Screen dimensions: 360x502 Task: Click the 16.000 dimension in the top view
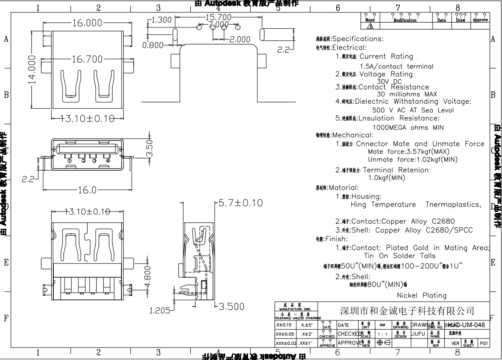(x=87, y=23)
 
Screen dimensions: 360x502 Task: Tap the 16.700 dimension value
(x=87, y=60)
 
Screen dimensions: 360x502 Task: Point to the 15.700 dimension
(x=218, y=17)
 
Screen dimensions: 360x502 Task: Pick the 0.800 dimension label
(x=153, y=45)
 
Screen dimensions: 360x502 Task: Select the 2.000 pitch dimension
(x=240, y=39)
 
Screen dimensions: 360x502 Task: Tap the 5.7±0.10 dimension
(x=241, y=203)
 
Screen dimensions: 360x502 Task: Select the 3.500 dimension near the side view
(x=231, y=307)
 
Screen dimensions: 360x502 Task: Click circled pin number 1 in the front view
(x=69, y=161)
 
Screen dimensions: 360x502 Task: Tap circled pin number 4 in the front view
(x=108, y=161)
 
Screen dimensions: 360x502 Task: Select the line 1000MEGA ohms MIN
(x=408, y=128)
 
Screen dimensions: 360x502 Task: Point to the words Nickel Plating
(x=422, y=295)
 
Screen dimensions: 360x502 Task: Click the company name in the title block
(x=407, y=311)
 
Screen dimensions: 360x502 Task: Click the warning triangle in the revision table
(x=370, y=26)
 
